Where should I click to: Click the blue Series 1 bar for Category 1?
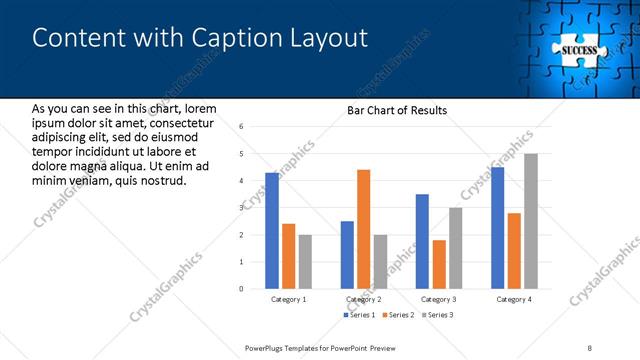click(x=272, y=231)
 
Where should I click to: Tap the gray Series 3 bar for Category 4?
click(x=531, y=221)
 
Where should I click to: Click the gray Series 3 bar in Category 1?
click(x=305, y=262)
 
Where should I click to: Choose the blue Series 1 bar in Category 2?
click(x=347, y=255)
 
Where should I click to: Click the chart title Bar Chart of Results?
click(x=397, y=110)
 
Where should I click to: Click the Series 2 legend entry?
click(x=399, y=315)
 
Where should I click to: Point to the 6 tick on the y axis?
click(x=241, y=127)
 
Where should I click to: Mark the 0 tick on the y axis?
click(x=241, y=289)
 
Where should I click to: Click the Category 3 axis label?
click(x=439, y=299)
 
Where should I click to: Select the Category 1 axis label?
click(x=289, y=299)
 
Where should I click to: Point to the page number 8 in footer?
click(x=590, y=347)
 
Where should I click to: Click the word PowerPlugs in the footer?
click(x=268, y=347)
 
